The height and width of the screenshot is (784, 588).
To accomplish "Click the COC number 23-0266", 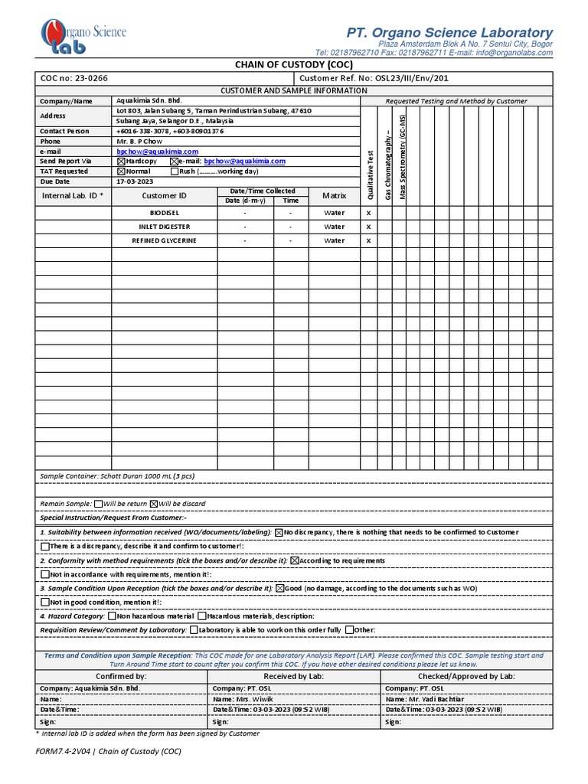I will point(83,79).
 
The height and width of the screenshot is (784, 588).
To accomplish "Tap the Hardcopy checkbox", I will point(120,162).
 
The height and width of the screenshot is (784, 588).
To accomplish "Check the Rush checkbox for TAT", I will point(173,171).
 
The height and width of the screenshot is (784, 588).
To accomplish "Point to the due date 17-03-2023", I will point(136,182).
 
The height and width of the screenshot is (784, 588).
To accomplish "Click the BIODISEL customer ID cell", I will point(165,213).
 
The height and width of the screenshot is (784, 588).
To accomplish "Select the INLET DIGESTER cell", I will point(165,227).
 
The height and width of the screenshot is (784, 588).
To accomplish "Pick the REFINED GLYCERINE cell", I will point(165,240).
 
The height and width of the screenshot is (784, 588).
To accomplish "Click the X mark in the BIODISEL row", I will point(368,213).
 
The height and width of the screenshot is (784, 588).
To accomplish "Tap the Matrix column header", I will point(334,196).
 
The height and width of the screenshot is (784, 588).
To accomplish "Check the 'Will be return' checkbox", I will point(98,504).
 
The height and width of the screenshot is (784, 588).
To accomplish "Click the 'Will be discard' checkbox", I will point(153,504).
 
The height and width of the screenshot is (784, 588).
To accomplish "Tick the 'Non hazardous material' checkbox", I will point(113,616).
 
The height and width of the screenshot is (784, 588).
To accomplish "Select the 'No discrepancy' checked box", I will point(279,532).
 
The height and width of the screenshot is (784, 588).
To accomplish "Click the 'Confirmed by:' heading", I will point(120,677).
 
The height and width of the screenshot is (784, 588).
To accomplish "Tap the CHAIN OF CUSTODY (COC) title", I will point(294,65).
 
